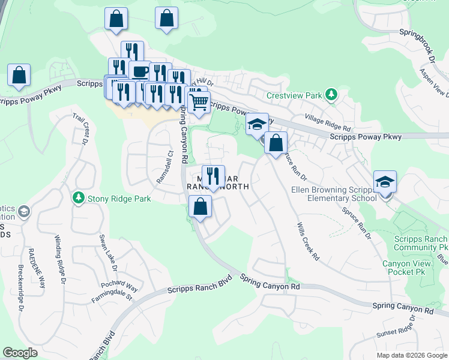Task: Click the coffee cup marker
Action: click(x=140, y=72)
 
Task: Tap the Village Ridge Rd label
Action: click(x=327, y=124)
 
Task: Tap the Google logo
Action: click(x=20, y=353)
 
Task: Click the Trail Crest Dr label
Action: click(x=81, y=128)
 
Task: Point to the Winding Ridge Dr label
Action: click(x=61, y=258)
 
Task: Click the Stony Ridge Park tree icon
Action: click(x=77, y=197)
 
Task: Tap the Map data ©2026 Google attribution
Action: click(x=411, y=355)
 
